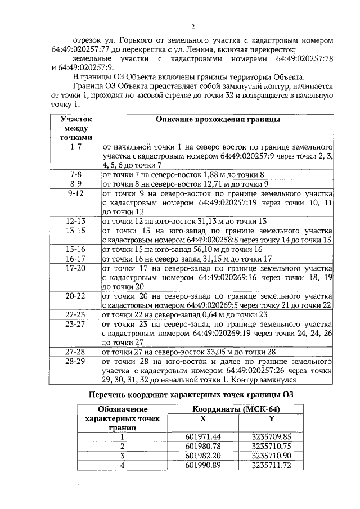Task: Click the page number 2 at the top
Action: click(192, 27)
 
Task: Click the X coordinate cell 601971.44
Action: click(202, 436)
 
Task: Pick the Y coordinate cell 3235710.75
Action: click(272, 446)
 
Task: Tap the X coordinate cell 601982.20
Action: click(202, 456)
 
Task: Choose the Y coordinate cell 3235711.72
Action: click(272, 465)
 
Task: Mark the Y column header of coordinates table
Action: click(272, 418)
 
